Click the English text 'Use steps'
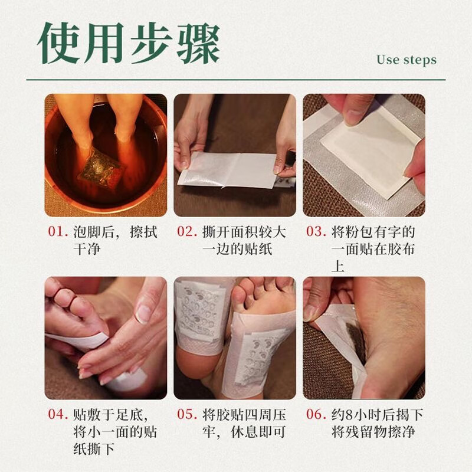pos(406,60)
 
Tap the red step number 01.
pos(58,232)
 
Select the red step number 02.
pos(187,232)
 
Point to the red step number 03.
pos(316,232)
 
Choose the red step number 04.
pos(58,414)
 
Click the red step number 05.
pos(187,414)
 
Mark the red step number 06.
pos(316,414)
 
